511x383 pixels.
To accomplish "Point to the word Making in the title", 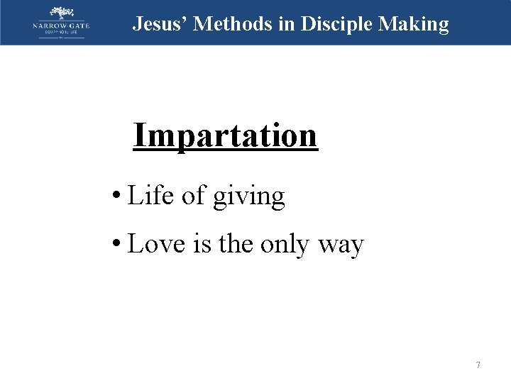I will pos(414,24).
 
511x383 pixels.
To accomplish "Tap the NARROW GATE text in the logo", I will pos(62,26).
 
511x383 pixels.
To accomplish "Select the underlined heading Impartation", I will pos(225,135).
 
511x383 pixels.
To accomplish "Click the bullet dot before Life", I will pos(115,196).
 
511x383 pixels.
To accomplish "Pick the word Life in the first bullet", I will pos(150,196).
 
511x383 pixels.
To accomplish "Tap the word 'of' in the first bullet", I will pos(194,196).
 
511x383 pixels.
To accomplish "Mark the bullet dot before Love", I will pos(115,245).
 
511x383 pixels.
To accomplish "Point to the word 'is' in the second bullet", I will pos(204,244).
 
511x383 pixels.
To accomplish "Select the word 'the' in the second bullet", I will pos(237,244).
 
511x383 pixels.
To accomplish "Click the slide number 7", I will pos(478,365).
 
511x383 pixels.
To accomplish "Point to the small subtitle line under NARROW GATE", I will pos(62,33).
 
